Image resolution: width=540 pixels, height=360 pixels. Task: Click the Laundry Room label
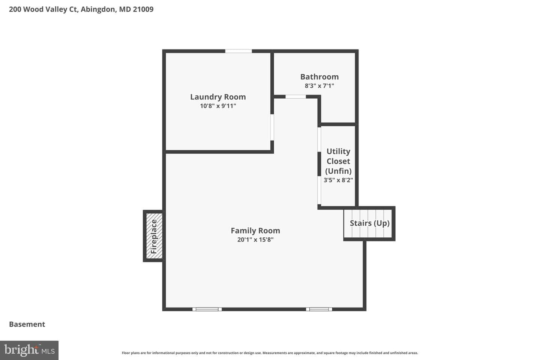click(x=218, y=97)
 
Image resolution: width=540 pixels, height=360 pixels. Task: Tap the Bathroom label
click(x=319, y=76)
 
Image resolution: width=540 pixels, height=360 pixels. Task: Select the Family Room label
click(x=255, y=231)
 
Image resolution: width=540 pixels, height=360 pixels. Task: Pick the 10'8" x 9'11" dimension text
click(x=218, y=106)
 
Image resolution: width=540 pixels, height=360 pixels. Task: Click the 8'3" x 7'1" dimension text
click(x=319, y=85)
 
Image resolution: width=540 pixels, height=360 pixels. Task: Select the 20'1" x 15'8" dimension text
click(x=255, y=239)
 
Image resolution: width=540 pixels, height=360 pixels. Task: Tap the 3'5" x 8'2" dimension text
click(x=338, y=180)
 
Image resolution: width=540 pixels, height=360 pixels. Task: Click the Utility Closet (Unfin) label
click(x=338, y=161)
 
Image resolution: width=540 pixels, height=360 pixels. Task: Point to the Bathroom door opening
click(x=296, y=97)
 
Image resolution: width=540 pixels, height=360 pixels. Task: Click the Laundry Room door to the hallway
click(x=272, y=127)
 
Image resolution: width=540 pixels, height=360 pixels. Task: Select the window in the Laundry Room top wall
click(x=238, y=51)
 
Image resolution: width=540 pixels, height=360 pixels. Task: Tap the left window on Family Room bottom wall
click(x=207, y=309)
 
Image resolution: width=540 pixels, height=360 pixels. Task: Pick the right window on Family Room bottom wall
click(x=319, y=309)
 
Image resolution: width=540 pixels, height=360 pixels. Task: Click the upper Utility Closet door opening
click(x=319, y=139)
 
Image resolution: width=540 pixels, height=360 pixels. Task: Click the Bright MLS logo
click(x=29, y=350)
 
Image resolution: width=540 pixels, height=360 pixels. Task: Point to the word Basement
click(x=27, y=324)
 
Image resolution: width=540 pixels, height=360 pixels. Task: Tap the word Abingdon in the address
click(x=98, y=9)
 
